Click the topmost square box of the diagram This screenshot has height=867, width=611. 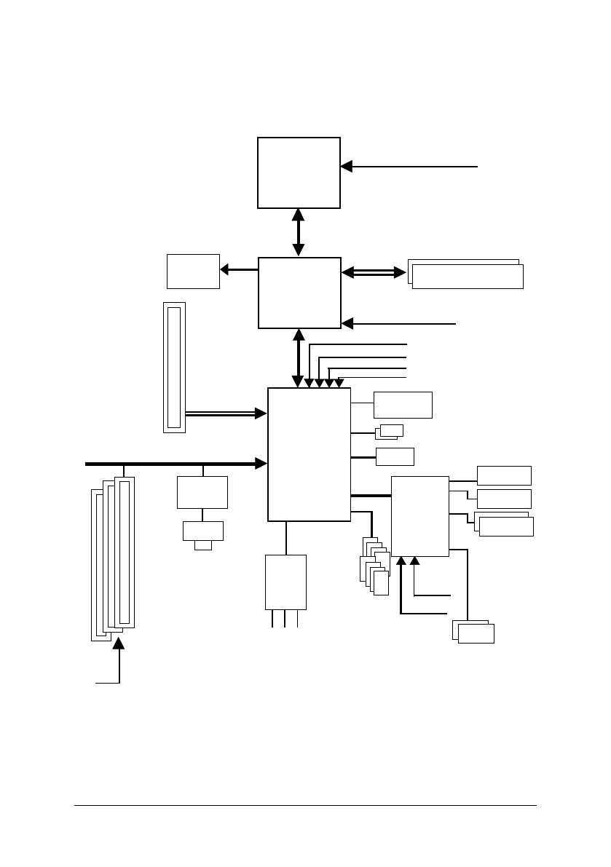(x=299, y=173)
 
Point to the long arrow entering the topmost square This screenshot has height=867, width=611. (x=408, y=167)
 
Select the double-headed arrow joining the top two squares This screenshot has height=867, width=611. (x=299, y=233)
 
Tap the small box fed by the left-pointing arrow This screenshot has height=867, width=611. (x=193, y=271)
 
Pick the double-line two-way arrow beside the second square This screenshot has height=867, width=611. (x=374, y=272)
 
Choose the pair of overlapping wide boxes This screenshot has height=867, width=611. (x=466, y=274)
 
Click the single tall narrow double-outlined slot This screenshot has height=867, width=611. (x=174, y=368)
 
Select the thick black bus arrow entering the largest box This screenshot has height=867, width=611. (x=175, y=463)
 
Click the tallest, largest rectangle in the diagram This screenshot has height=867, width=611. (x=310, y=454)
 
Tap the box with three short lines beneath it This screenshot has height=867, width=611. (x=285, y=582)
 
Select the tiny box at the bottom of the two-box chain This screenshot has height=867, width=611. (x=203, y=545)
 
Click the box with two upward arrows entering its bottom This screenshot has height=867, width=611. (x=420, y=516)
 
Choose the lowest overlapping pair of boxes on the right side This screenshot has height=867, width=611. (x=473, y=631)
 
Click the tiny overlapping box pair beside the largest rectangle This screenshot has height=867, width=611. (x=390, y=432)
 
